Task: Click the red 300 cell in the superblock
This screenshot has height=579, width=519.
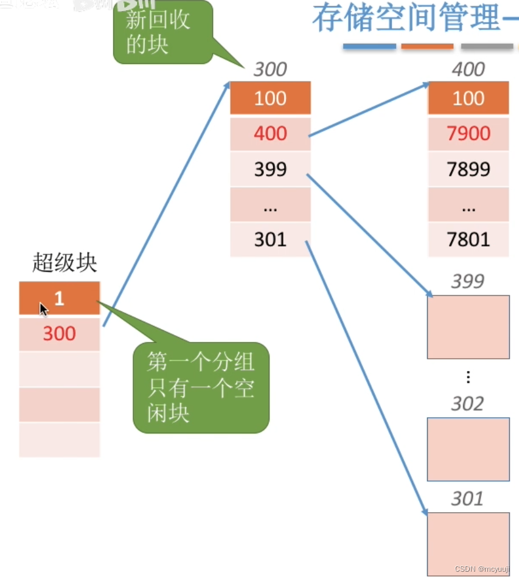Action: tap(59, 333)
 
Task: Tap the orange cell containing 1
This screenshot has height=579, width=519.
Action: tap(59, 298)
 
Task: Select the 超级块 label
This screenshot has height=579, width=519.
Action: tap(64, 263)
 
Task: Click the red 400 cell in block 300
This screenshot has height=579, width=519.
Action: tap(270, 133)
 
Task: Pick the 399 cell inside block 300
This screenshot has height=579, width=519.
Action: tap(270, 168)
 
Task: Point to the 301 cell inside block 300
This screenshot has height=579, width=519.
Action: tap(270, 239)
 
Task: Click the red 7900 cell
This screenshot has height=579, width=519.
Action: tap(468, 133)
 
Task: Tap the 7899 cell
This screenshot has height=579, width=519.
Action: tap(468, 168)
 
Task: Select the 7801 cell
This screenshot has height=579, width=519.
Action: tap(468, 239)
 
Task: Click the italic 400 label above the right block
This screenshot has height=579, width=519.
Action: tap(468, 69)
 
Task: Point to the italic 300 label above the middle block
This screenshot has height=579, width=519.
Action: tap(270, 69)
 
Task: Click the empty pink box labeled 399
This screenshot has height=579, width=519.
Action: tap(468, 327)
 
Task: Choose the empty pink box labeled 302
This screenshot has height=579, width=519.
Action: tap(468, 449)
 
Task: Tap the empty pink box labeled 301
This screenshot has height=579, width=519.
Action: tap(468, 544)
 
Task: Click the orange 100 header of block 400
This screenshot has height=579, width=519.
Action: tap(468, 98)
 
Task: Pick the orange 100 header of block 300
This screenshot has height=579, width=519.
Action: tap(270, 98)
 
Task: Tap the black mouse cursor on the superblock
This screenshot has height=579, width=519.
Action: tap(44, 309)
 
